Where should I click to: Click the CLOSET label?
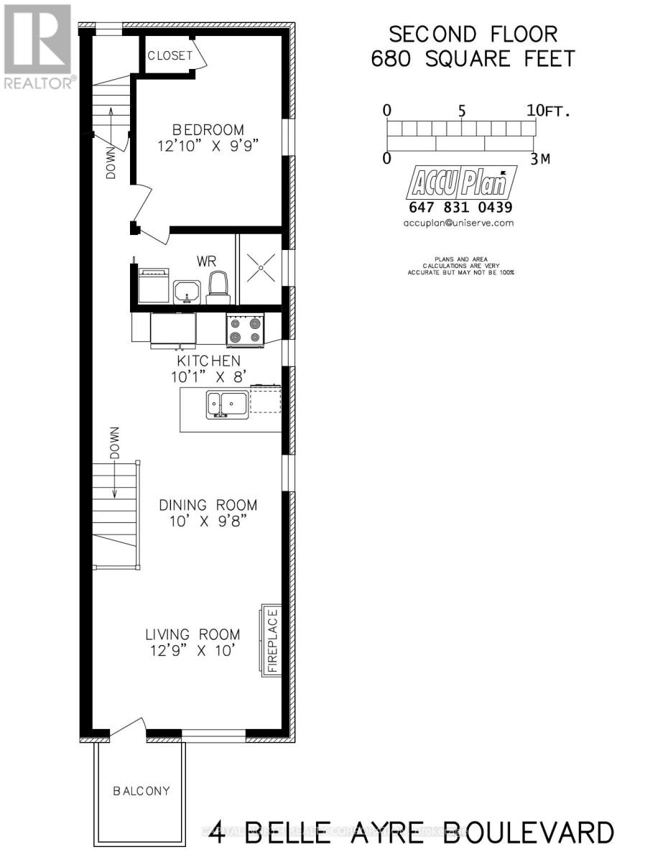170,55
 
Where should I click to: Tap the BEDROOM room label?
208,130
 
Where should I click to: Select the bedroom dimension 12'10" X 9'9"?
208,145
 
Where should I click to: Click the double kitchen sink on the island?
227,404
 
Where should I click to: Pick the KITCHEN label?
209,361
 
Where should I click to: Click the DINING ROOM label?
208,505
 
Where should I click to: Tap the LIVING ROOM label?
192,635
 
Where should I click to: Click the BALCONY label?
141,791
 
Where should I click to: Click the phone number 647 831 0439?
460,208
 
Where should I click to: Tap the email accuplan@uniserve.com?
460,223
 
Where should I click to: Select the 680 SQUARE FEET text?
473,58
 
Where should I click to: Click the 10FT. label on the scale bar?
547,111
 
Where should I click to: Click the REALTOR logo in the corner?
37,47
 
